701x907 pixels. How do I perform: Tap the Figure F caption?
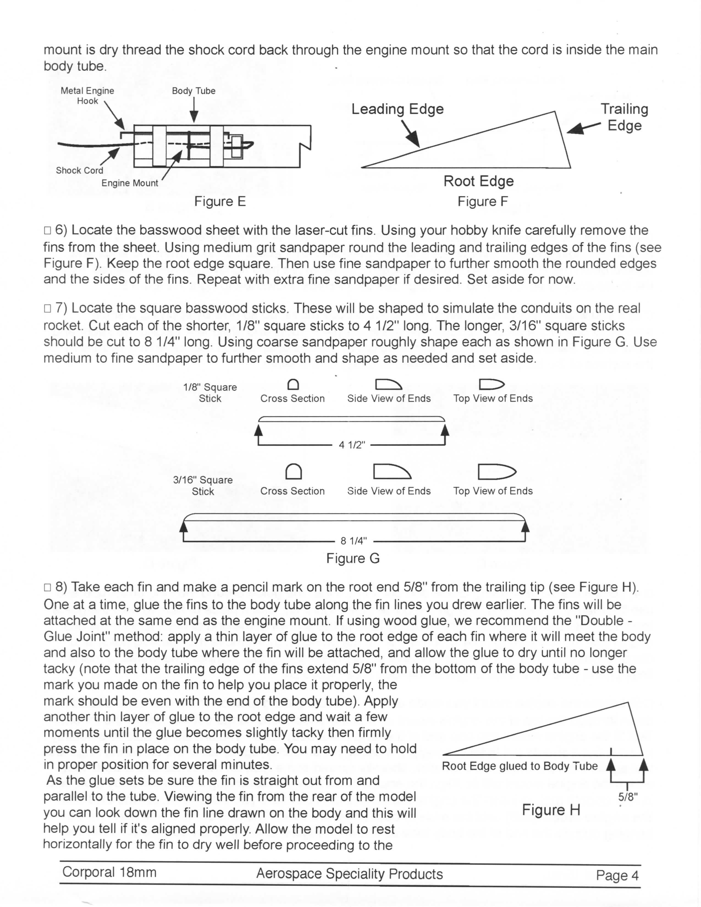tap(482, 202)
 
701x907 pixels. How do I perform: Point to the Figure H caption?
tap(551, 810)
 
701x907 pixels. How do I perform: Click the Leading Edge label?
tap(398, 109)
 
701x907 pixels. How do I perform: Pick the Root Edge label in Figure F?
tap(478, 181)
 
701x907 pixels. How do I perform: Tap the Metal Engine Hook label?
tap(87, 96)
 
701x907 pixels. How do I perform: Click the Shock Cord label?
tap(79, 170)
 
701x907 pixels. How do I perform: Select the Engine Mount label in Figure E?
tap(129, 183)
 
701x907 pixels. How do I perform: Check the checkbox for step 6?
tap(47, 231)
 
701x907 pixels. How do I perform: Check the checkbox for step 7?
tap(47, 309)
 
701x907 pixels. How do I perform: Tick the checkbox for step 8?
tap(47, 587)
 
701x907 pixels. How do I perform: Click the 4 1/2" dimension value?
tap(352, 445)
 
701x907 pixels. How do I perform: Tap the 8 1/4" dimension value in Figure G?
tap(354, 541)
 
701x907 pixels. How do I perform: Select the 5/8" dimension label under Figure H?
tap(628, 797)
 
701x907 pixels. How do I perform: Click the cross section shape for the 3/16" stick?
tap(294, 471)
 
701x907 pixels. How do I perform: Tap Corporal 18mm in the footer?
tap(109, 872)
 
